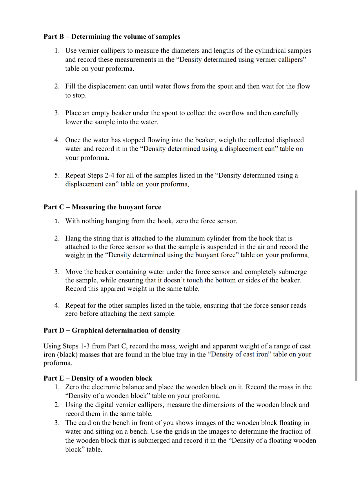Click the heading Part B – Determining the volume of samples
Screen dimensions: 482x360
(112, 36)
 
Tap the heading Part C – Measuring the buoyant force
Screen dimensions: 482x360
(102, 207)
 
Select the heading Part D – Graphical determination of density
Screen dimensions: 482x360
(112, 330)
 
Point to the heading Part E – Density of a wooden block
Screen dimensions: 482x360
(98, 378)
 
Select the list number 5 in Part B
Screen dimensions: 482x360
(57, 176)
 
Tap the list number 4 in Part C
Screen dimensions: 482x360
(57, 306)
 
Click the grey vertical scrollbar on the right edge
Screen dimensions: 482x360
(356, 285)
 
